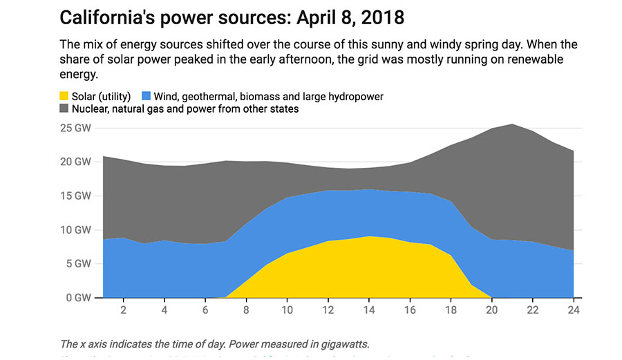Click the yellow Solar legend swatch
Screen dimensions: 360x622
(64, 96)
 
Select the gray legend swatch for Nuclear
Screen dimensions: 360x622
(64, 109)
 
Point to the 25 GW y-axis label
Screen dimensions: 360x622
(75, 128)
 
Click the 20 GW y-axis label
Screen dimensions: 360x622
(75, 162)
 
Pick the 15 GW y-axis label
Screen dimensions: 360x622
(75, 196)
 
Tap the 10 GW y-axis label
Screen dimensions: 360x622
(75, 229)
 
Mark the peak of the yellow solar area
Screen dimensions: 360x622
(369, 237)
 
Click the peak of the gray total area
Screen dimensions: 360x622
(512, 125)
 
